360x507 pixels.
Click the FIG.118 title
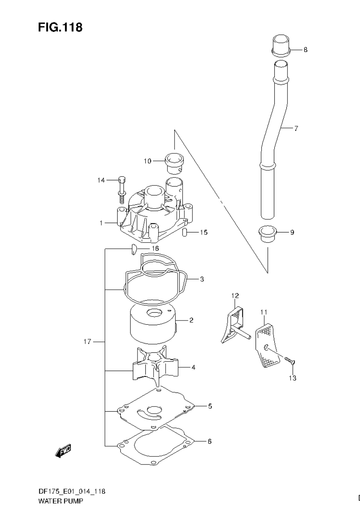point(60,27)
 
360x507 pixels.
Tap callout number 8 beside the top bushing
point(305,50)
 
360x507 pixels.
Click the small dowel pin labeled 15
point(185,233)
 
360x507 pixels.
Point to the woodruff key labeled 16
point(133,248)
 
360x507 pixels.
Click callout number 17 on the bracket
point(87,342)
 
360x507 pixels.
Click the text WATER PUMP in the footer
point(60,501)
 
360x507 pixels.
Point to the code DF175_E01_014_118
point(71,491)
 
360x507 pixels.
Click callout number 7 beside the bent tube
point(296,129)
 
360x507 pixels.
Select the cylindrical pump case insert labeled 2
point(152,323)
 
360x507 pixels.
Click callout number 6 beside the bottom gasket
point(209,441)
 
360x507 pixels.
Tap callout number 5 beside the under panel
point(210,406)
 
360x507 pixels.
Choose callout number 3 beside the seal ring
point(202,279)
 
